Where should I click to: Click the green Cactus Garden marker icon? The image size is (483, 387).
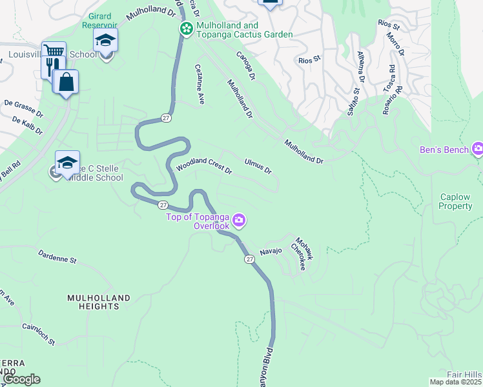pyautogui.click(x=186, y=28)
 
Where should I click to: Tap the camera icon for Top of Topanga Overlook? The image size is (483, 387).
pyautogui.click(x=239, y=221)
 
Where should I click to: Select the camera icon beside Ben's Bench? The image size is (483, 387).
pyautogui.click(x=478, y=150)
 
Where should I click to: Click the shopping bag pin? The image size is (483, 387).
pyautogui.click(x=66, y=82)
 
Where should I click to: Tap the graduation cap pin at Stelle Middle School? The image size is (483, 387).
pyautogui.click(x=67, y=163)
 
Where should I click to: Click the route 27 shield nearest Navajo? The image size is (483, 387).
pyautogui.click(x=249, y=259)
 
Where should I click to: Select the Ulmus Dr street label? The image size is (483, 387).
pyautogui.click(x=258, y=166)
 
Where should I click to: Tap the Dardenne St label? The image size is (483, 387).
pyautogui.click(x=57, y=257)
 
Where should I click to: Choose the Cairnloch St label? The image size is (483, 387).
pyautogui.click(x=38, y=333)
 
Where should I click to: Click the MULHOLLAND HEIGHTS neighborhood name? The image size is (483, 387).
pyautogui.click(x=99, y=302)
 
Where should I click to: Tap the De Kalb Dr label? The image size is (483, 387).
pyautogui.click(x=27, y=126)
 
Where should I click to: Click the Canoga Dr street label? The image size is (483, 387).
pyautogui.click(x=245, y=66)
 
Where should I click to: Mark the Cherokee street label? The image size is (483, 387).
pyautogui.click(x=298, y=256)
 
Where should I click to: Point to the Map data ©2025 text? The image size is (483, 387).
pyautogui.click(x=455, y=382)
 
